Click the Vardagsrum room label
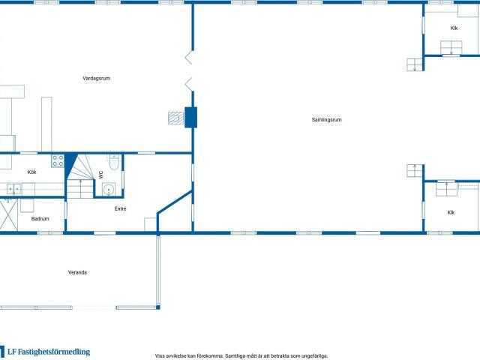tap(97, 78)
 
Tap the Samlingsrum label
tap(327, 120)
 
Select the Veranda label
tap(77, 272)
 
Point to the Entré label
tap(120, 208)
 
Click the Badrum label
tap(40, 219)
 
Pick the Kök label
tap(31, 172)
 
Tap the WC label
tap(101, 175)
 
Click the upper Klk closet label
tap(454, 28)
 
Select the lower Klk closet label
tap(451, 212)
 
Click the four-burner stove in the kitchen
tap(58, 160)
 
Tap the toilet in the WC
tap(114, 162)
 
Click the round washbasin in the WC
tap(109, 190)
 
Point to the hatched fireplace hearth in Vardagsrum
tap(176, 118)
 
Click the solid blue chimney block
tap(190, 117)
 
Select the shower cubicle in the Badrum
tap(8, 214)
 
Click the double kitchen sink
tap(13, 189)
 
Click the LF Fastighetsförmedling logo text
tap(49, 352)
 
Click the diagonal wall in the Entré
tap(175, 202)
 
